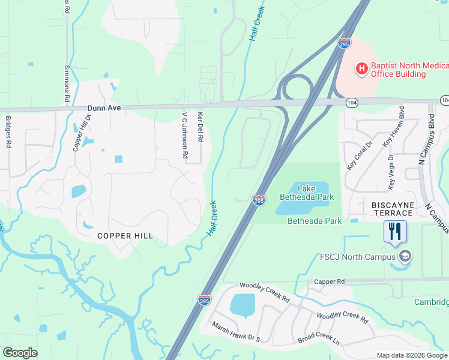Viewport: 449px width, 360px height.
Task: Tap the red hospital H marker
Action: (362, 70)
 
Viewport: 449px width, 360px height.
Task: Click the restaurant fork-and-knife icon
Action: (395, 231)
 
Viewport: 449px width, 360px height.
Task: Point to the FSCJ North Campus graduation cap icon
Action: (405, 257)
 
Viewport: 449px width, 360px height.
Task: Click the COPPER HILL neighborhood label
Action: (125, 236)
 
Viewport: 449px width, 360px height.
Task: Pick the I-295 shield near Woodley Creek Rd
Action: (204, 300)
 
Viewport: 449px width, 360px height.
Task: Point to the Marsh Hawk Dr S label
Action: (235, 332)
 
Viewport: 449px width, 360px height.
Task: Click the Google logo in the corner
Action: (20, 353)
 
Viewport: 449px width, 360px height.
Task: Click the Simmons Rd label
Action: (67, 84)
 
